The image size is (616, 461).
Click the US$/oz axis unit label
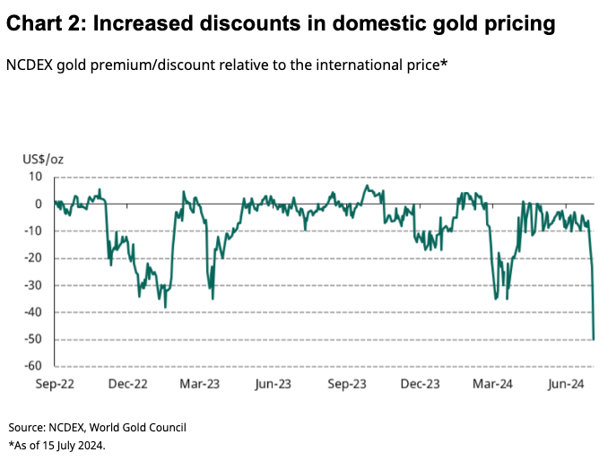(44, 160)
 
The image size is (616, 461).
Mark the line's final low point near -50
(594, 338)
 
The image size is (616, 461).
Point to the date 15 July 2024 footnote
(74, 445)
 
